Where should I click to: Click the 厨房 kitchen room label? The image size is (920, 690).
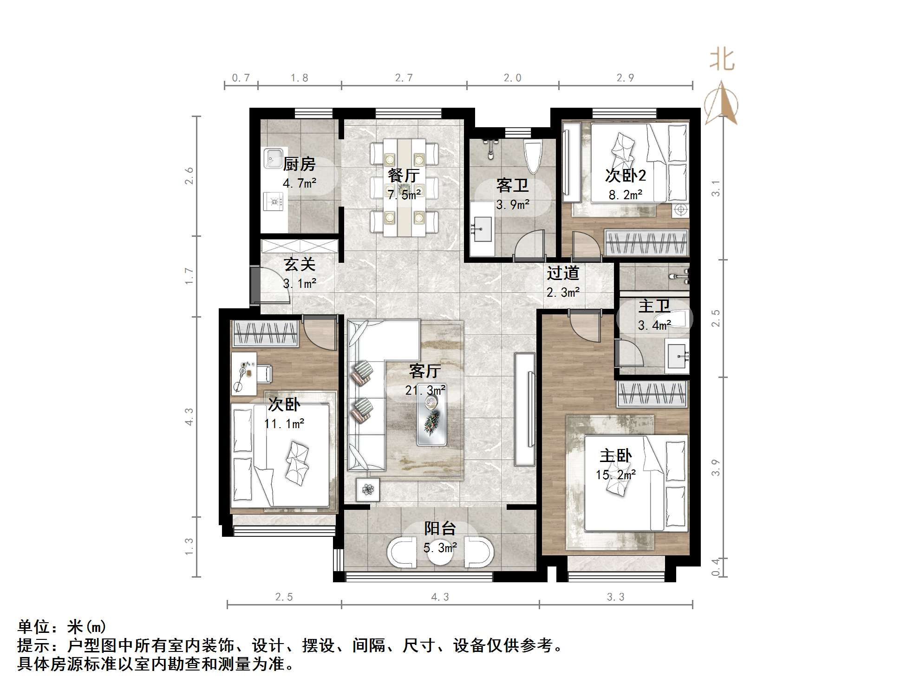point(299,164)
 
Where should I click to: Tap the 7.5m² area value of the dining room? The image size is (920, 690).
point(405,195)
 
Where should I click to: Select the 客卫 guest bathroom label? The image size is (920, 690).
point(512,185)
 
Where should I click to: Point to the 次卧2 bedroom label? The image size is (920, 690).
point(625,176)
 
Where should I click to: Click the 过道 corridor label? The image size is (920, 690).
point(563,273)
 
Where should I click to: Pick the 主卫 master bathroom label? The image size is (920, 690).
point(654,306)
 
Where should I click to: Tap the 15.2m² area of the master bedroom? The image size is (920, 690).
point(616,475)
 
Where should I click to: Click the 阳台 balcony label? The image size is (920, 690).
point(440,528)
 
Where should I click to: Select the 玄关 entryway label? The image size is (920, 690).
point(300,264)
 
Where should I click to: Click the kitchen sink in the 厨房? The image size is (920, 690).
point(274,157)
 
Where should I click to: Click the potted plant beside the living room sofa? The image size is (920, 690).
point(368,489)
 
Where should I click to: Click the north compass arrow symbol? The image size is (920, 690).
point(721,103)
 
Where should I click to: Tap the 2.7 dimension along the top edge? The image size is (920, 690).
point(404,78)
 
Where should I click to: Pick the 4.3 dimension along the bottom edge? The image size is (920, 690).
point(440,597)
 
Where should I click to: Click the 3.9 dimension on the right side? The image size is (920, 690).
point(716,467)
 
